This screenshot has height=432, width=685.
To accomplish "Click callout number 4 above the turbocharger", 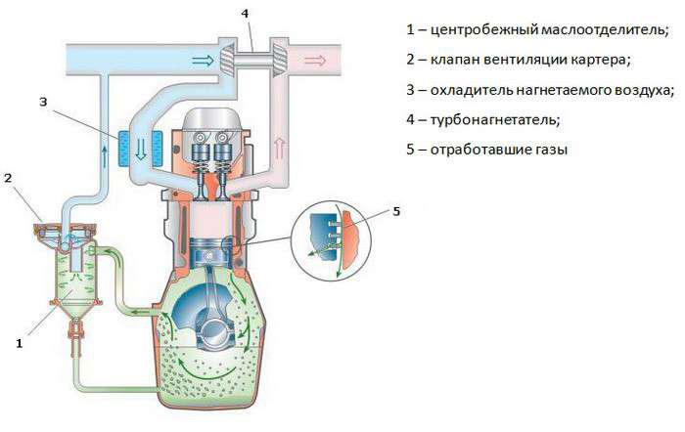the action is [x=245, y=14].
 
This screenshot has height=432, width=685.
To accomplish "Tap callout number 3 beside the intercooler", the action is [x=43, y=103].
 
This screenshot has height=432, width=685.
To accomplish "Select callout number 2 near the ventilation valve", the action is [x=8, y=178].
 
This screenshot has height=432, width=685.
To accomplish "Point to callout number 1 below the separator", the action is [x=19, y=344].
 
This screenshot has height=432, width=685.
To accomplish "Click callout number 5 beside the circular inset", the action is [x=396, y=212].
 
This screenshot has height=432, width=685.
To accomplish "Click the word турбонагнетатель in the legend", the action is [x=495, y=119].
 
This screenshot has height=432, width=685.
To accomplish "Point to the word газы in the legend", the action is [x=551, y=151].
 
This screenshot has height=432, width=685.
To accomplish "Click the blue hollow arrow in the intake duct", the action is [x=204, y=60].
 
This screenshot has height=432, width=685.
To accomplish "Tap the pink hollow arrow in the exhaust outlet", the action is [x=315, y=61].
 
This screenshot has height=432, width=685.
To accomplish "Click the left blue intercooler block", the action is [x=124, y=149].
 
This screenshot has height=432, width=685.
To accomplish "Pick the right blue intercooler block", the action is [x=157, y=149].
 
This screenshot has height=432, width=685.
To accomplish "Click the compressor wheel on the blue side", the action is [x=227, y=59].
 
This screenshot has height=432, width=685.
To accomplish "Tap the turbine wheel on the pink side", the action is [x=278, y=59].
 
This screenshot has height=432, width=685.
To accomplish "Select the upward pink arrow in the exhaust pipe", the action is [x=280, y=148].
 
